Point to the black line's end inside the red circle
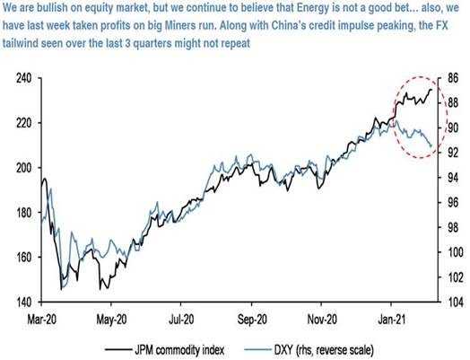432,89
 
